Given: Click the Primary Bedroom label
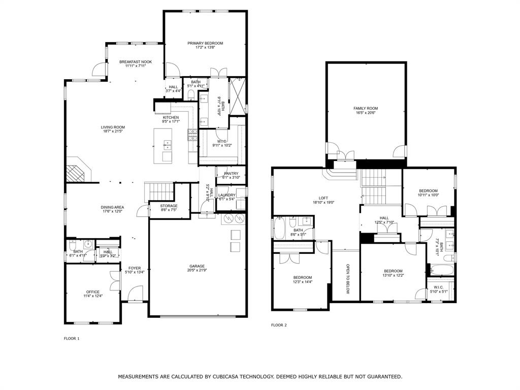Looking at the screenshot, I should point(205,43).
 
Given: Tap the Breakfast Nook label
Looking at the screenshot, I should point(136,61).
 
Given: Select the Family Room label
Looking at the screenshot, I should point(366,108).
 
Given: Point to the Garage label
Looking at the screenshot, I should point(197,266).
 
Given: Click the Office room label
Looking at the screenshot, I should point(93,292).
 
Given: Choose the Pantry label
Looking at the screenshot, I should point(231,174).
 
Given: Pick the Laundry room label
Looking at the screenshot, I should point(226,195).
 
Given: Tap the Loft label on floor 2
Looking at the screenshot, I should point(323,198).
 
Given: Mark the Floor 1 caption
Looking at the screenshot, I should point(72,338).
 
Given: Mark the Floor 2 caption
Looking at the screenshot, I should point(279,325).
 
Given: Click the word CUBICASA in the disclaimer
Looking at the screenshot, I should point(231,377).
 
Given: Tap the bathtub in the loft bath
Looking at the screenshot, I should point(279,228).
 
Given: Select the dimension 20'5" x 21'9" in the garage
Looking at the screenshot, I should point(197,271).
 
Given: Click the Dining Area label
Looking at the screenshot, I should point(112,207).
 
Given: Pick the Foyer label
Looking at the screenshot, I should point(135,268).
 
